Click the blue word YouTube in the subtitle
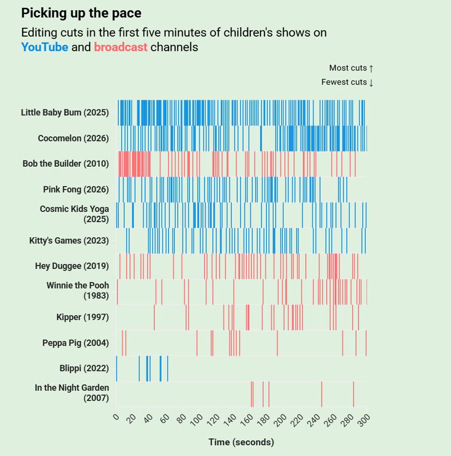(x=45, y=47)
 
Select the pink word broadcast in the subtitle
(x=121, y=47)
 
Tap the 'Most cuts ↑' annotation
(x=351, y=68)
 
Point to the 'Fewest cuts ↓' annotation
(x=347, y=82)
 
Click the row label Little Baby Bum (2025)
(x=64, y=113)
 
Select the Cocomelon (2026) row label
(x=73, y=139)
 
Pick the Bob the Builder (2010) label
(x=65, y=164)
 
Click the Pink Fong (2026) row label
(x=76, y=189)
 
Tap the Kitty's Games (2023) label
(x=69, y=241)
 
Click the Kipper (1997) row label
(x=82, y=317)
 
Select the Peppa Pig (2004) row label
(x=76, y=343)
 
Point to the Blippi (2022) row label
(x=84, y=369)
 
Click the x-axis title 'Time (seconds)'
(x=241, y=442)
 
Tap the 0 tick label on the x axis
(x=116, y=418)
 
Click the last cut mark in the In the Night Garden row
(x=353, y=394)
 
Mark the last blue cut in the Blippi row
(x=167, y=369)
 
